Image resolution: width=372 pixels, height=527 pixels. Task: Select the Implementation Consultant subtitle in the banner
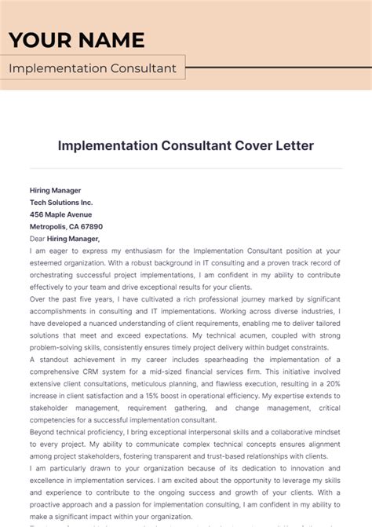point(93,68)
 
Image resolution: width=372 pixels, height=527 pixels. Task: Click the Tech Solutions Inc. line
point(61,202)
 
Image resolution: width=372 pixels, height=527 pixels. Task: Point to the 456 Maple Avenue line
point(60,214)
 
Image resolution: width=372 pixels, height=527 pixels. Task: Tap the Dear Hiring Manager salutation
point(64,238)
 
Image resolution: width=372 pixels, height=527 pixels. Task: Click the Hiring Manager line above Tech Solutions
point(55,190)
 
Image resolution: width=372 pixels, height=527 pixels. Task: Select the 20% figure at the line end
point(334,383)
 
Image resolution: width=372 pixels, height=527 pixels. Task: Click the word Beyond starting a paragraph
point(43,432)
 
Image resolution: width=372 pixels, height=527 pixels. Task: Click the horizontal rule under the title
point(186,168)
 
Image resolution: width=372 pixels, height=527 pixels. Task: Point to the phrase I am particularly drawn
point(74,468)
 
